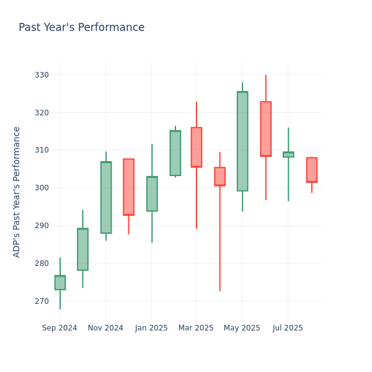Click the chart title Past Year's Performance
pos(81,28)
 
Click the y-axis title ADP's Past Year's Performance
pos(17,192)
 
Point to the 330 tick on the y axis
pos(42,75)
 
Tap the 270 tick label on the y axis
pos(42,301)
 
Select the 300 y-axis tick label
pos(42,188)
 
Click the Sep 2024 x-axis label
pos(60,328)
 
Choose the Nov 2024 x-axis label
pos(105,328)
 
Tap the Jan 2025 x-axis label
pos(151,328)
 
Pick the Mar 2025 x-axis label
pos(196,328)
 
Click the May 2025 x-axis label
pos(242,328)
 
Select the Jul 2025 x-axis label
pos(288,328)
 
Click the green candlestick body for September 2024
pos(60,283)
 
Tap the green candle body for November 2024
pos(106,197)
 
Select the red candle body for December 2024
pos(128,187)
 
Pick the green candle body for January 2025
pos(152,193)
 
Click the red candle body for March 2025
pos(197,147)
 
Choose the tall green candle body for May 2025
pos(242,141)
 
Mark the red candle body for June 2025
pos(266,129)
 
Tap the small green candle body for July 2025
pos(288,154)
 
